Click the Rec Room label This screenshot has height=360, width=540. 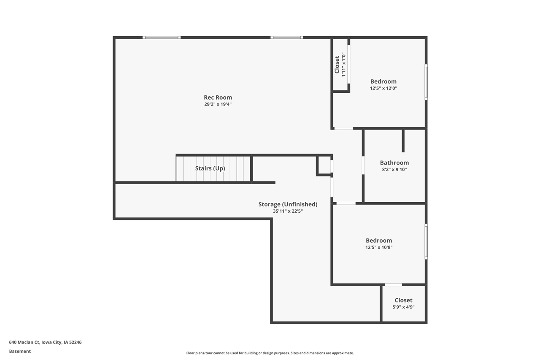coord(218,97)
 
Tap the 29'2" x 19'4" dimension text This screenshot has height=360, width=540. coord(218,104)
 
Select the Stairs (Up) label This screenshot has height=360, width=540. coord(210,168)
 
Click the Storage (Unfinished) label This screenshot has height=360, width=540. coord(288,204)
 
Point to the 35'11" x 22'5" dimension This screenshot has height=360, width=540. coord(288,211)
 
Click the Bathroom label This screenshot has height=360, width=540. coord(394,162)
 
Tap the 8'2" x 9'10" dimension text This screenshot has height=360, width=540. coord(394,170)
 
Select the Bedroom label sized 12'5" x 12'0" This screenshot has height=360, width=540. coord(383,81)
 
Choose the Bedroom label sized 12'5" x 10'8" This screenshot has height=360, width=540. coord(378,241)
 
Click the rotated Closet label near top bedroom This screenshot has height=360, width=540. coord(337,65)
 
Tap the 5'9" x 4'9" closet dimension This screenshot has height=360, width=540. coord(403,307)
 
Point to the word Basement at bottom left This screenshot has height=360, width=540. coord(20,351)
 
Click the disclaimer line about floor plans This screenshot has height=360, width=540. coord(270,353)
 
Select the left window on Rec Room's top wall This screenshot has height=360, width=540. coord(161,38)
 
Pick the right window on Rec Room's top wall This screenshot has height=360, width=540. coord(286,38)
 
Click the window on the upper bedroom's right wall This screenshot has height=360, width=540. coord(426,82)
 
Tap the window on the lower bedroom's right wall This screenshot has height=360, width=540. coord(426,241)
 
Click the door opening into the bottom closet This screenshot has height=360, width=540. coord(393,284)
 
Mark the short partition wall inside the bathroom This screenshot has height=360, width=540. coord(403,141)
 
